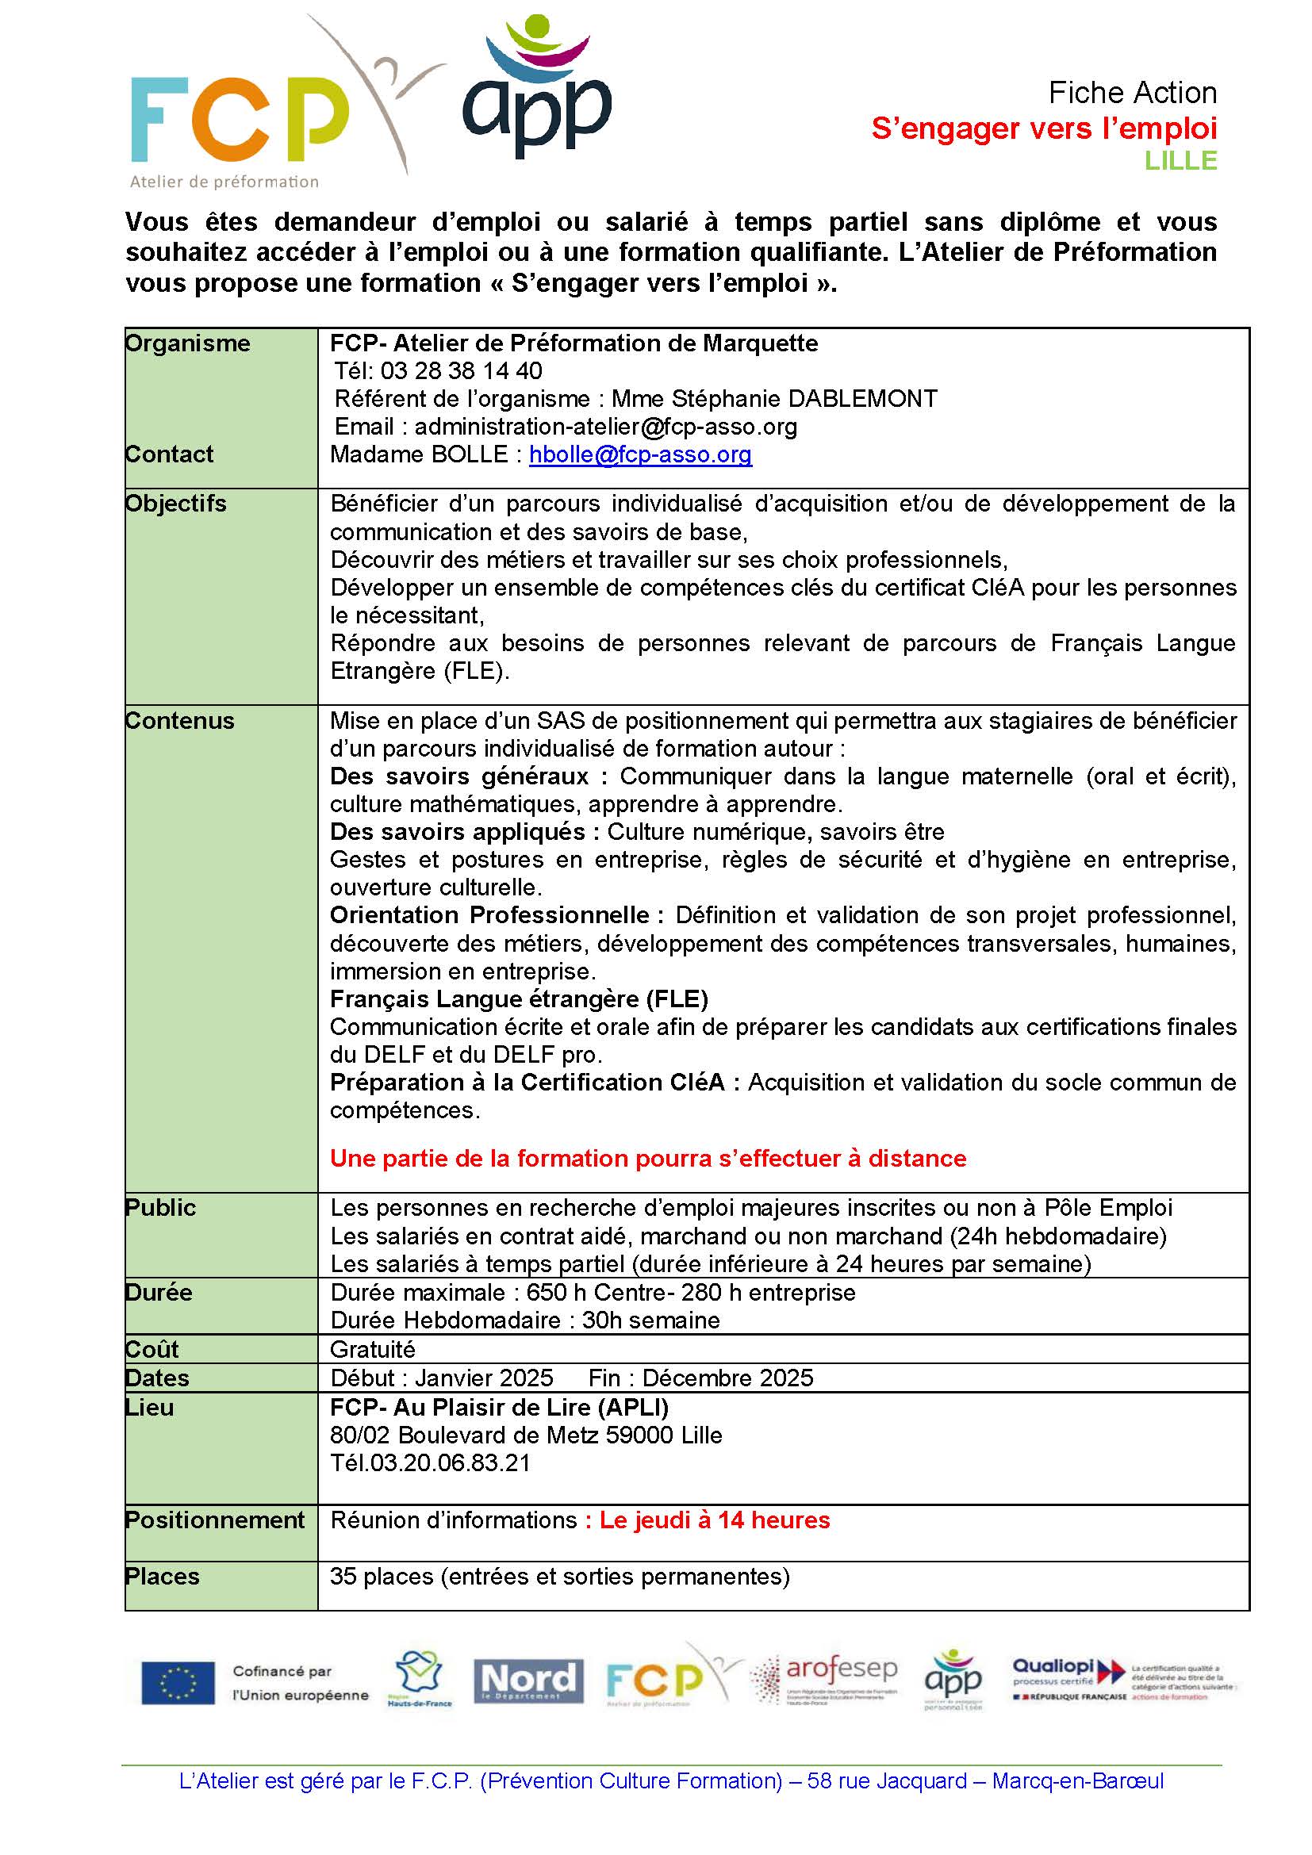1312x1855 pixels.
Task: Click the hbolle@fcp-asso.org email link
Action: click(x=640, y=455)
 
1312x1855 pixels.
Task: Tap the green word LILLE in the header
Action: click(x=1180, y=161)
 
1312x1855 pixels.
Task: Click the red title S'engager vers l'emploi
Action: click(x=1044, y=128)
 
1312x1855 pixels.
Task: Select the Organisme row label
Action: click(x=187, y=343)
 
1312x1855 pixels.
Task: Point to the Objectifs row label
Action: click(x=176, y=504)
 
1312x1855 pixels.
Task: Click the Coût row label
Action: click(x=152, y=1349)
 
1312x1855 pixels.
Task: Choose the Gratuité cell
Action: click(x=373, y=1349)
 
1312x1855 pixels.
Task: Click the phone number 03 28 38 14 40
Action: click(x=462, y=371)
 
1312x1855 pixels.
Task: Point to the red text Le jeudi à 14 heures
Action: click(x=714, y=1520)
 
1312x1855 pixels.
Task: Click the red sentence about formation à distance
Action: click(x=648, y=1159)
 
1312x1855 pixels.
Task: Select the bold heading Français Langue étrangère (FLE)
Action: click(x=519, y=999)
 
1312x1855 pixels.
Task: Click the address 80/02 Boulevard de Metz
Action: click(x=526, y=1435)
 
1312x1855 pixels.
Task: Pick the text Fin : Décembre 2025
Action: click(x=700, y=1378)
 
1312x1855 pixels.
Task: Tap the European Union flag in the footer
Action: click(x=178, y=1682)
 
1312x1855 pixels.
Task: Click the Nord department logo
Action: click(x=528, y=1681)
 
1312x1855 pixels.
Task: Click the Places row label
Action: click(x=163, y=1576)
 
